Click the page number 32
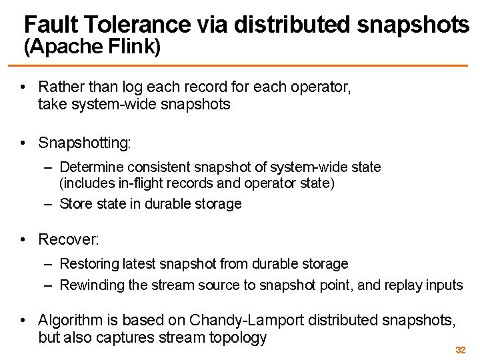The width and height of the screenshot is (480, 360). pyautogui.click(x=460, y=350)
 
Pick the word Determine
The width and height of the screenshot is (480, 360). pyautogui.click(x=90, y=166)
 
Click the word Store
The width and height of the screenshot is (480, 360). pyautogui.click(x=75, y=204)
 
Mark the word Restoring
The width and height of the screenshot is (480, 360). pyautogui.click(x=87, y=264)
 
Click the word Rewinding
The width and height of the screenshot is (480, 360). pyautogui.click(x=91, y=285)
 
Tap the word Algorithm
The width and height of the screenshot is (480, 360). pyautogui.click(x=70, y=321)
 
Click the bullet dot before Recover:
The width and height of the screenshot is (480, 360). pyautogui.click(x=23, y=239)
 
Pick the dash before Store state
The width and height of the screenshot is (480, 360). pyautogui.click(x=49, y=204)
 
